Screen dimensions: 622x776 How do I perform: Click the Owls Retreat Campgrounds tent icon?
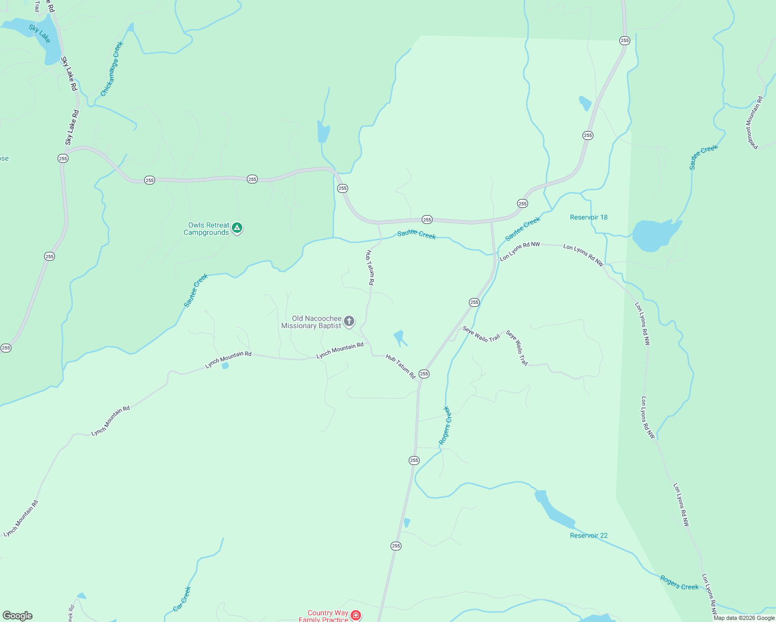pyautogui.click(x=237, y=228)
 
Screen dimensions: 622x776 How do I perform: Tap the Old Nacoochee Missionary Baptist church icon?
pyautogui.click(x=349, y=321)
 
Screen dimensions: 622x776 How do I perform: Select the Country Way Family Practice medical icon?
pyautogui.click(x=356, y=615)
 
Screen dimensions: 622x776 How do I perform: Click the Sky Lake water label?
pyautogui.click(x=40, y=34)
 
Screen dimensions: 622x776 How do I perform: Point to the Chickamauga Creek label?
pyautogui.click(x=112, y=69)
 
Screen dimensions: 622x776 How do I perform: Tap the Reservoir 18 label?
pyautogui.click(x=588, y=217)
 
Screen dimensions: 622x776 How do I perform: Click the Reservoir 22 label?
pyautogui.click(x=588, y=535)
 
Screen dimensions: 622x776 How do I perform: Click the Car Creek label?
pyautogui.click(x=182, y=599)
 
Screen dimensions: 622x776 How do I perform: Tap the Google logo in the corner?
pyautogui.click(x=18, y=616)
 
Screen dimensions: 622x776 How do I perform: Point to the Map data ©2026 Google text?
pyautogui.click(x=744, y=618)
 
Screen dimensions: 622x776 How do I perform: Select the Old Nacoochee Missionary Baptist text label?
pyautogui.click(x=311, y=322)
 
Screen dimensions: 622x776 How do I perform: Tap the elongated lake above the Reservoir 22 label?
pyautogui.click(x=554, y=510)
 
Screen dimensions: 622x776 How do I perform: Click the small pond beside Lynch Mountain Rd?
pyautogui.click(x=225, y=365)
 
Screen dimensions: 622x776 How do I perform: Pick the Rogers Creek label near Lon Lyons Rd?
pyautogui.click(x=679, y=583)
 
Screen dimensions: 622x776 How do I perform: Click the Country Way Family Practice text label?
pyautogui.click(x=324, y=616)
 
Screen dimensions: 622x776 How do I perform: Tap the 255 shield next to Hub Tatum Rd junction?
pyautogui.click(x=424, y=374)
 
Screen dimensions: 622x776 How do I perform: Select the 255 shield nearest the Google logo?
pyautogui.click(x=6, y=348)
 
